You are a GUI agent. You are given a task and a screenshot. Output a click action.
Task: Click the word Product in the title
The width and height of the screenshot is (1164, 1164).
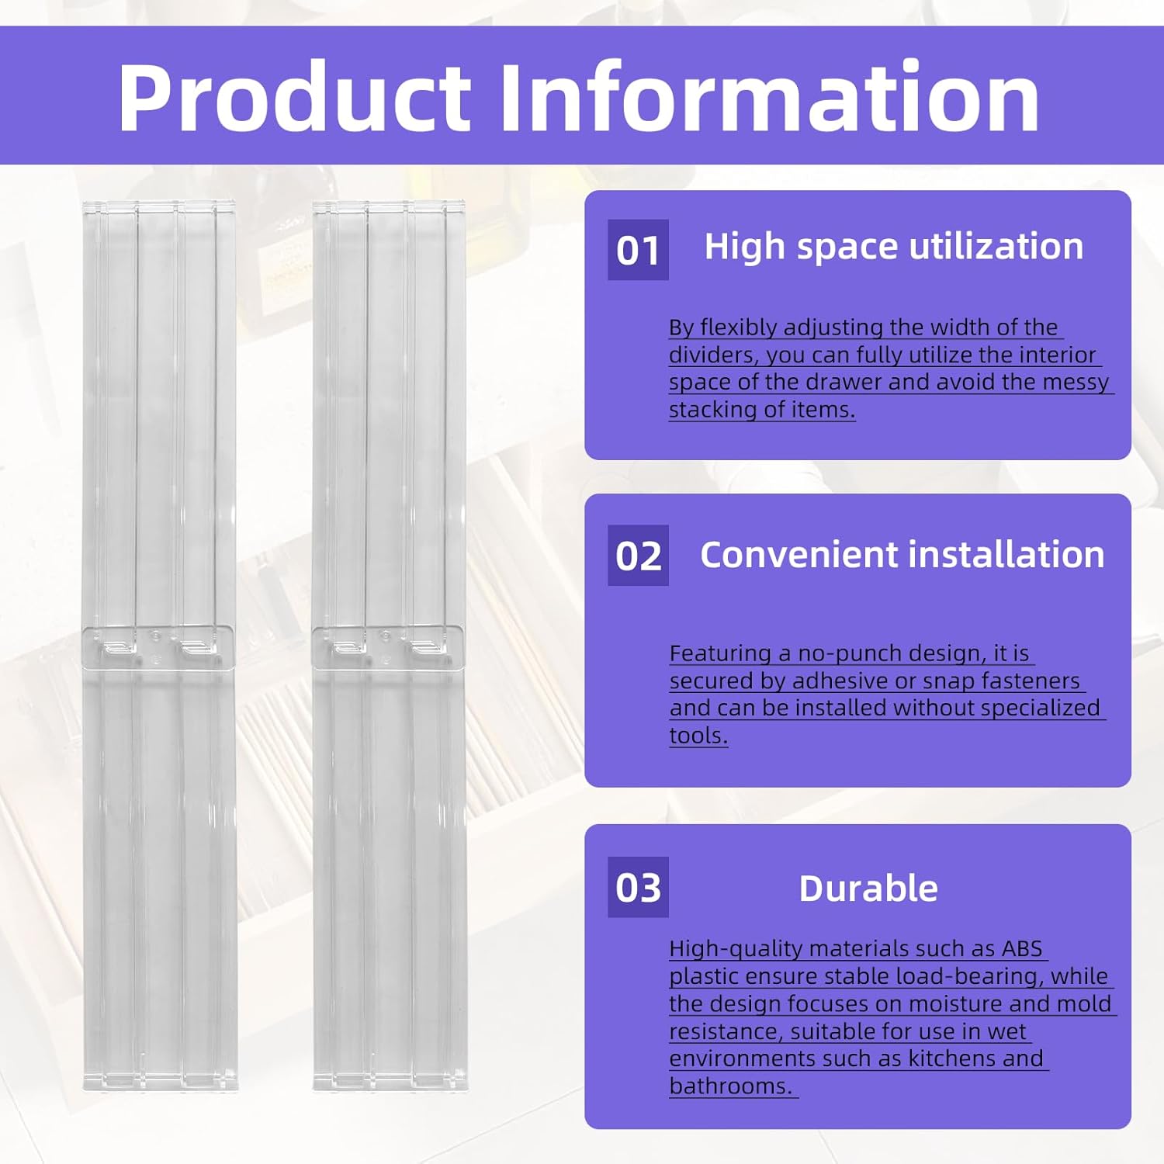coord(294,98)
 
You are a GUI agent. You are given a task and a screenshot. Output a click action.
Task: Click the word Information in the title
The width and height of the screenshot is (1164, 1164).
coord(768,98)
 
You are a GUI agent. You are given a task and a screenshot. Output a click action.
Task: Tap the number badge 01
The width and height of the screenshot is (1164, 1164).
coord(638,250)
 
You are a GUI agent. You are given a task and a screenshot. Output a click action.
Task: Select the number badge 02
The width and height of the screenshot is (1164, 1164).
coord(638,556)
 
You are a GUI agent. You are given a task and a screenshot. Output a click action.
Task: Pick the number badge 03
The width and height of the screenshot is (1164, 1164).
coord(638,887)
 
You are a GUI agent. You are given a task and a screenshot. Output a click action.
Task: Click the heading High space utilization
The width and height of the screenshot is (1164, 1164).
coord(894,247)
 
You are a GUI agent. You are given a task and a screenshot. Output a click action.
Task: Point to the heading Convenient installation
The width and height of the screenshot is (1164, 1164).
coord(902,555)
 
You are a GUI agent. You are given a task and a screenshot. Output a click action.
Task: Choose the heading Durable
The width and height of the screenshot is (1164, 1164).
coord(868,889)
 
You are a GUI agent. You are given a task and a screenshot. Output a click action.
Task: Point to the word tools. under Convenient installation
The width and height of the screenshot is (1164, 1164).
coord(698,736)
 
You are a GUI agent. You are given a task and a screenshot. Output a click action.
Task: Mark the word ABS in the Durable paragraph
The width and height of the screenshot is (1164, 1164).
coord(1022,948)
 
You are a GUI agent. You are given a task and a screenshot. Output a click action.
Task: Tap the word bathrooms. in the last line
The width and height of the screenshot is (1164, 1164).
coord(731,1086)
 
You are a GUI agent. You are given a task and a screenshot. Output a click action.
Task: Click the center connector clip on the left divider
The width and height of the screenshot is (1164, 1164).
coord(159,646)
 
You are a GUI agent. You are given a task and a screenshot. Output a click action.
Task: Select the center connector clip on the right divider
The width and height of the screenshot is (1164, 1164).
coord(388,646)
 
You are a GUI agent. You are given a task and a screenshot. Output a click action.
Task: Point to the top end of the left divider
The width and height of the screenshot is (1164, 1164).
coord(159,203)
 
